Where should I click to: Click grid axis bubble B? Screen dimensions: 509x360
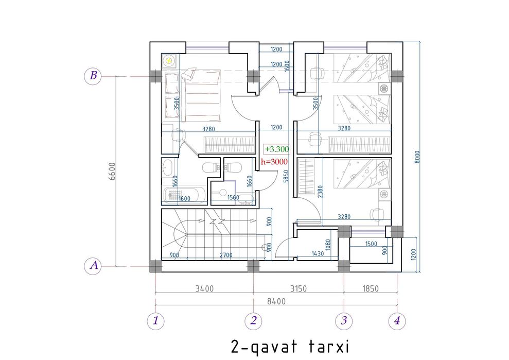(93, 76)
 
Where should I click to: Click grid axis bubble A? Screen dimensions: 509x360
(93, 266)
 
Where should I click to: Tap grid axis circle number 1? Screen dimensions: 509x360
(155, 321)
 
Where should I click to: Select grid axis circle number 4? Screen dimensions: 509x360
(397, 321)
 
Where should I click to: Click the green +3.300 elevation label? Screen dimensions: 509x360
(276, 149)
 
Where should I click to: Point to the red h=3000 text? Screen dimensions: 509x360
(274, 162)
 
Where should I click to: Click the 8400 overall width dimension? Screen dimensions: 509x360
(276, 301)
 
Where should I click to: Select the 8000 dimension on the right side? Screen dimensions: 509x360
(417, 157)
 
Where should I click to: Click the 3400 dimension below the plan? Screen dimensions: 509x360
(204, 288)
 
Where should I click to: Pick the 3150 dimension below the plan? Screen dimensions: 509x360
(298, 288)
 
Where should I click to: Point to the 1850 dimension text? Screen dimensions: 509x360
(370, 288)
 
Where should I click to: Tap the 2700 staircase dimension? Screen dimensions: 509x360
(226, 255)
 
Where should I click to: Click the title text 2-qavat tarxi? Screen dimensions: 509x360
(290, 347)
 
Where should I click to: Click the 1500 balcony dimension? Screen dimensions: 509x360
(371, 244)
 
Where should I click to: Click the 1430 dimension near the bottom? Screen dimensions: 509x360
(318, 253)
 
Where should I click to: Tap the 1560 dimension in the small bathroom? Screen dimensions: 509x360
(233, 197)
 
